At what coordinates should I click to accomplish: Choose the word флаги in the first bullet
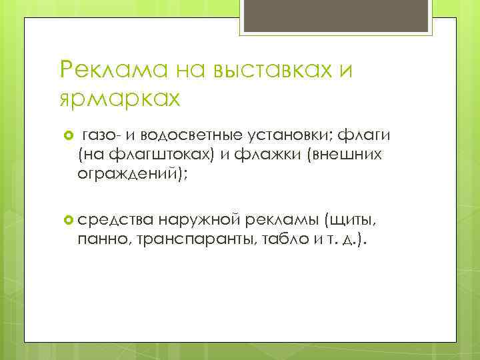(x=361, y=137)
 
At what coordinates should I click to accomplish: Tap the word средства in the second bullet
(x=116, y=221)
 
